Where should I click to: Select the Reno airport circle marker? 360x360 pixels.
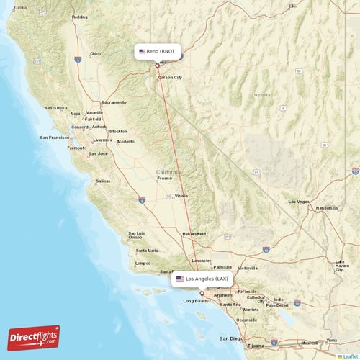coord(157,66)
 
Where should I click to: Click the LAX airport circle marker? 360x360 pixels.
coord(202,292)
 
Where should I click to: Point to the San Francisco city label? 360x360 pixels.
coord(55,137)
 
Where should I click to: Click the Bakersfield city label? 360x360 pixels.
coord(194,234)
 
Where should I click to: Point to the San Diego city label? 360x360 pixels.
coord(232,338)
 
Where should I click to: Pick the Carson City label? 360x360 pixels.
coord(170,77)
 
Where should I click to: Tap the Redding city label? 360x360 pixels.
coord(80,17)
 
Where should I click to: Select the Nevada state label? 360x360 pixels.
coord(261,94)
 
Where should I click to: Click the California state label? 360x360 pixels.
coord(168,172)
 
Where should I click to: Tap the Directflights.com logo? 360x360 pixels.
coord(34,337)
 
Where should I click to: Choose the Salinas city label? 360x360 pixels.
coord(103,181)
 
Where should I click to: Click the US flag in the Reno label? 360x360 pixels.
coord(142,52)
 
